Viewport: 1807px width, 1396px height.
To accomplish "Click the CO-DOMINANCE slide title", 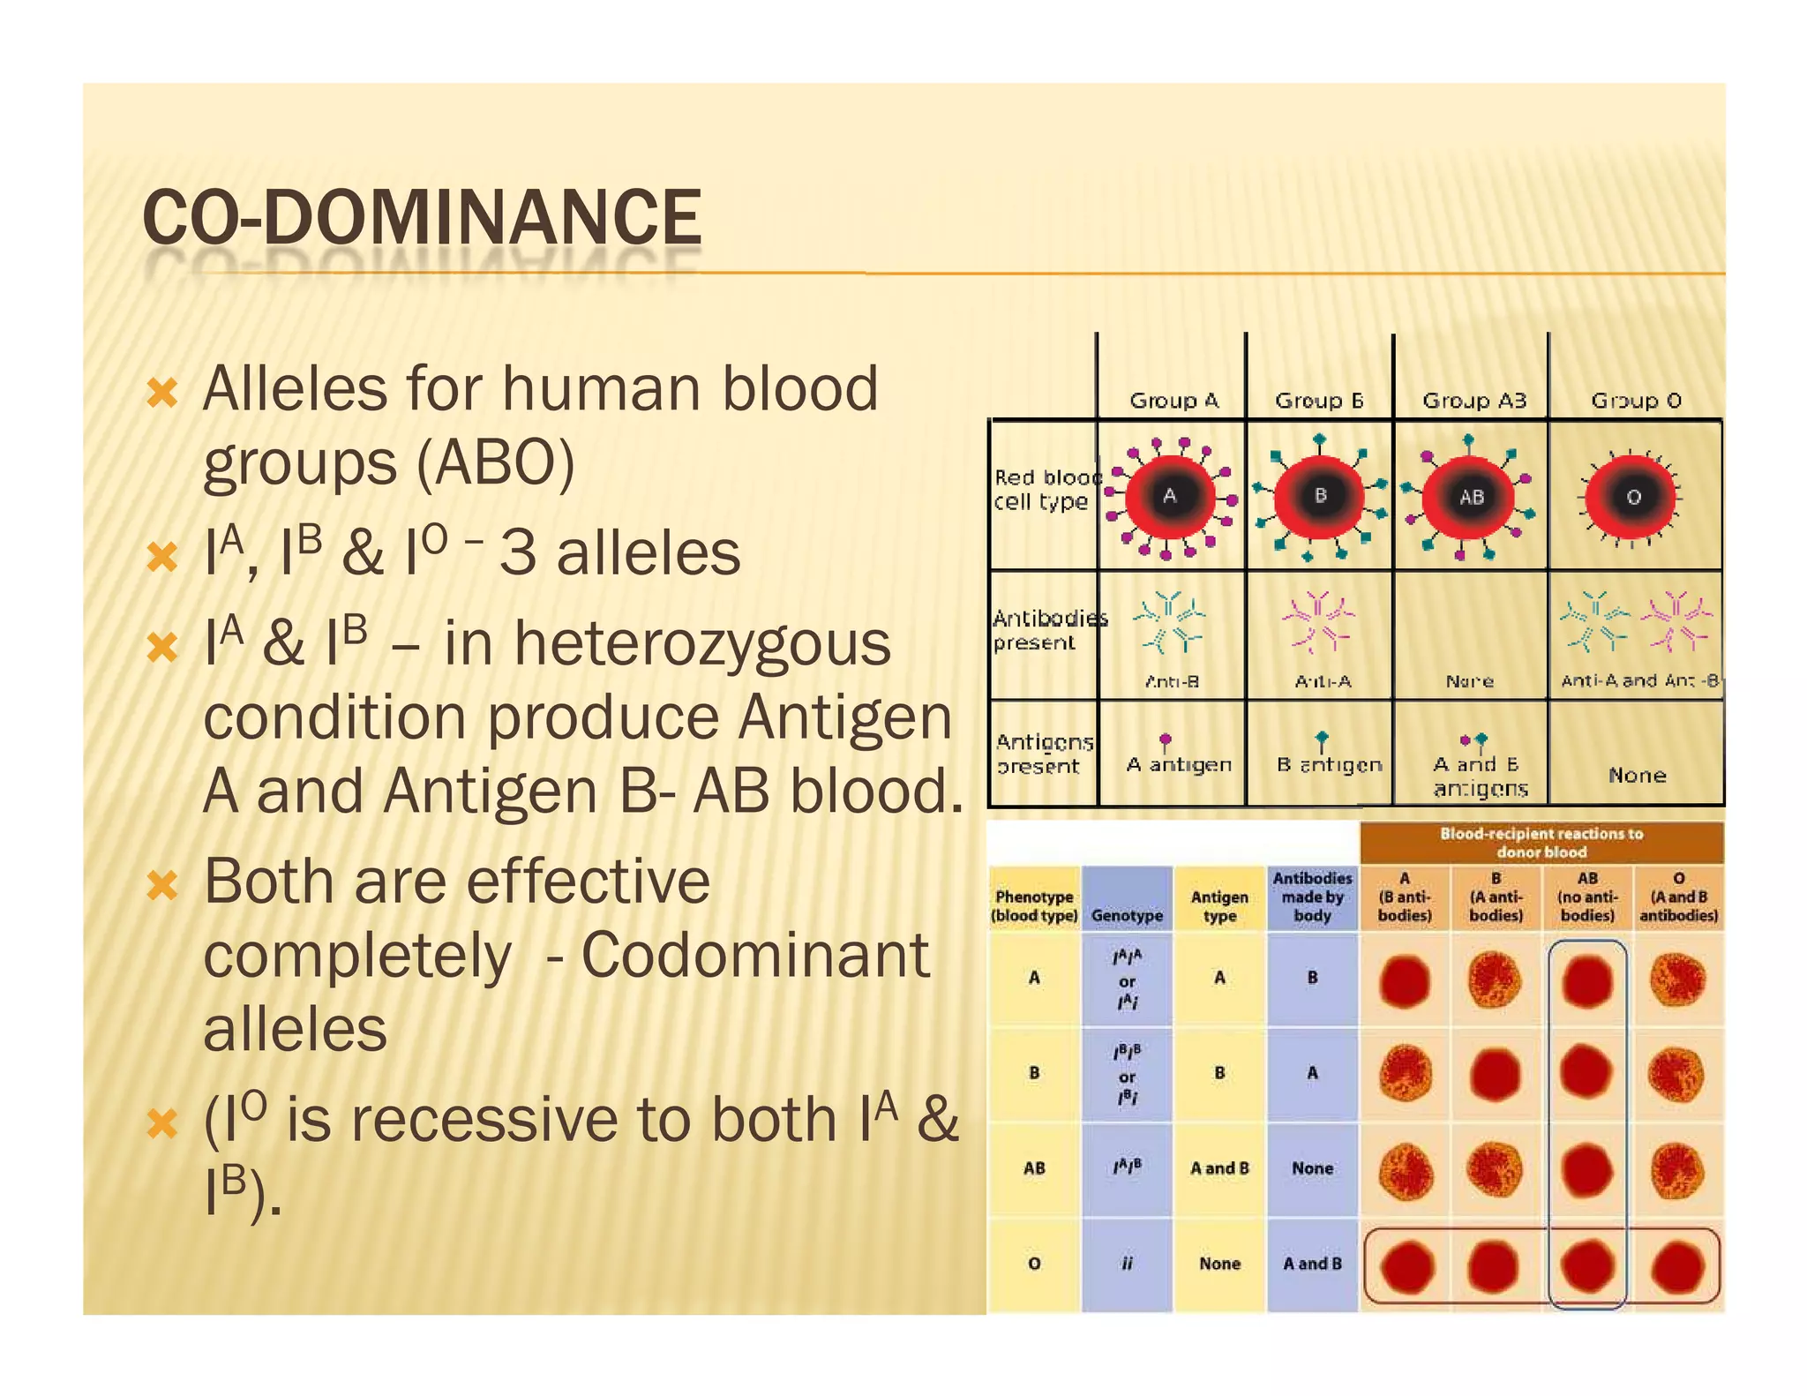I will coord(422,218).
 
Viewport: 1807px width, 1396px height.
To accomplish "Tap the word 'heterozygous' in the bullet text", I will coord(703,643).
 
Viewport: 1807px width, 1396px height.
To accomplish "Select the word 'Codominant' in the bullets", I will coord(755,955).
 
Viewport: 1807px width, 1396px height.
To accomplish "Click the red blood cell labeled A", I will coord(1170,497).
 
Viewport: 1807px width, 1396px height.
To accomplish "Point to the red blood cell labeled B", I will coord(1320,497).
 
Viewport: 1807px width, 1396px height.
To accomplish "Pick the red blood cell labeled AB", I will coord(1470,498).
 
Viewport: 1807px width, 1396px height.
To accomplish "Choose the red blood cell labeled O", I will coord(1632,498).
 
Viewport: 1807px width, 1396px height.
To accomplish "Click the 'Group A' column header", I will coord(1173,401).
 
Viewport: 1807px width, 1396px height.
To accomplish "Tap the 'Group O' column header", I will coord(1636,401).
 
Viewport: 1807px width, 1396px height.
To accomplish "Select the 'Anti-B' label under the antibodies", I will coord(1172,681).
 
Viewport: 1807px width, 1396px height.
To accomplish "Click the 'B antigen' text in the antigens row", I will coord(1329,764).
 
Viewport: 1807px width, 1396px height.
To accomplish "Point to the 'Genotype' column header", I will coord(1127,916).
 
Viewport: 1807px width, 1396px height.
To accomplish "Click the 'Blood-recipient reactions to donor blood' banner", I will coord(1541,843).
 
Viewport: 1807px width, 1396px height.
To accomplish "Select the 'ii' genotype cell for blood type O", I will coord(1127,1264).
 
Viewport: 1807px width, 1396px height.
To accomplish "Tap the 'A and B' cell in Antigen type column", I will coord(1219,1168).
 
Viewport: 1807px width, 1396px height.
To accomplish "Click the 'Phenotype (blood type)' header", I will coord(1034,906).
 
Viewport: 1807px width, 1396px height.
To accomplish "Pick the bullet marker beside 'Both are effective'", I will coord(162,884).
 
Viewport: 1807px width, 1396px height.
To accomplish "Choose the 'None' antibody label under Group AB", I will coord(1469,681).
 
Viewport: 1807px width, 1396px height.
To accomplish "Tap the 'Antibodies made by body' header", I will coord(1312,897).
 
